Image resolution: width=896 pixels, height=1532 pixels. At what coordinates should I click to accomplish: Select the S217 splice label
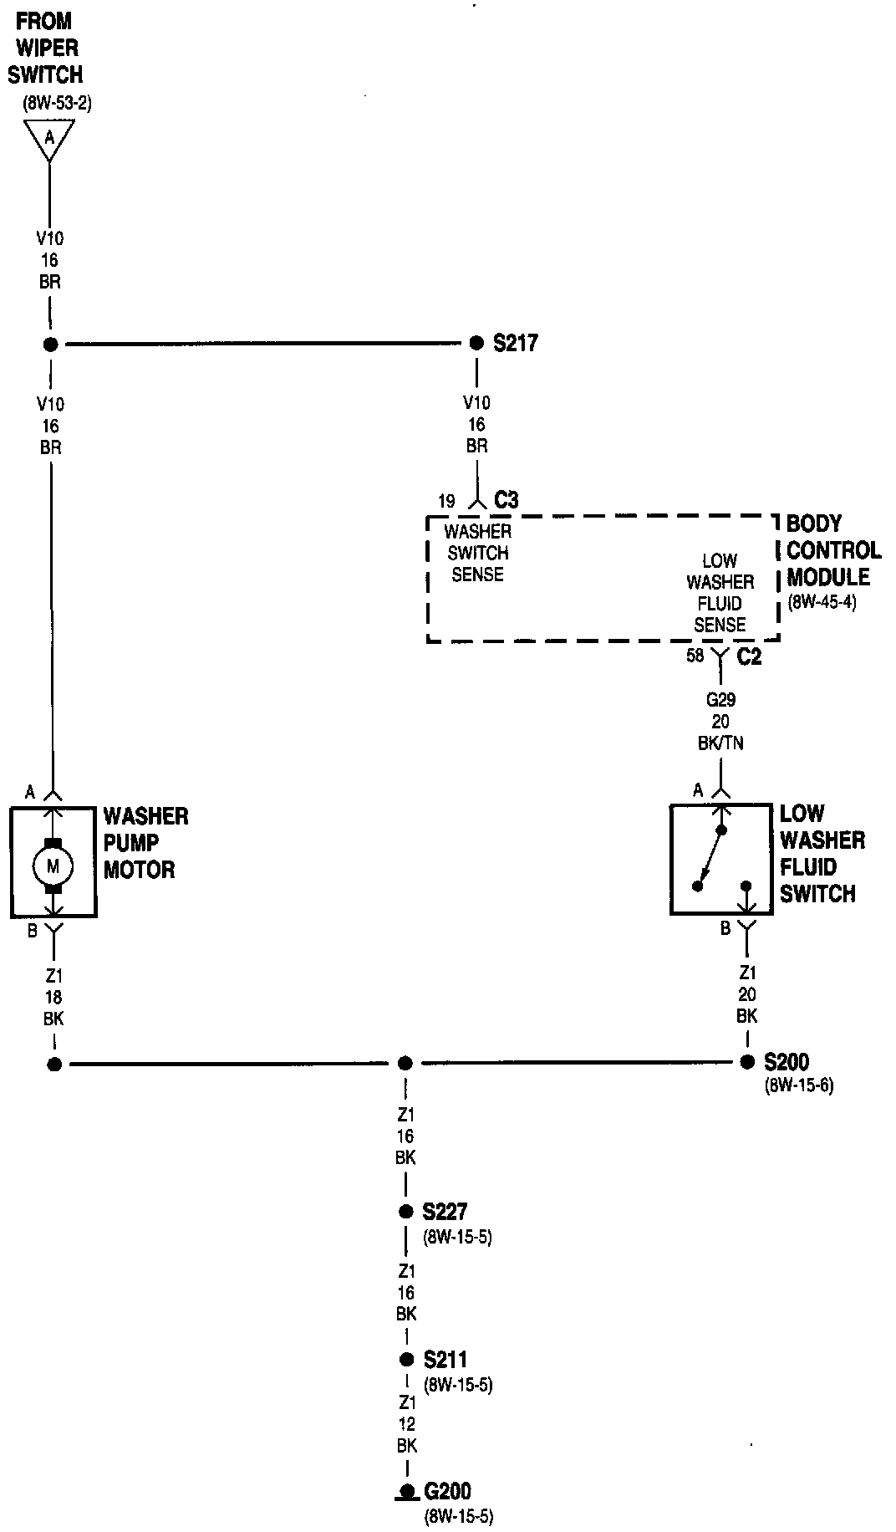[515, 343]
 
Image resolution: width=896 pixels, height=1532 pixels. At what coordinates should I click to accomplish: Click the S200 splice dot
[747, 1062]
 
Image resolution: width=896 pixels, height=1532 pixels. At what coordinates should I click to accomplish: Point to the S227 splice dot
[406, 1211]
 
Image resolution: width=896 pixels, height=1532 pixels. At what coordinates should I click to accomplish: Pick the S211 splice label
[445, 1360]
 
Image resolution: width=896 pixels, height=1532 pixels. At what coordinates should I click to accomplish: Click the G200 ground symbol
[407, 1491]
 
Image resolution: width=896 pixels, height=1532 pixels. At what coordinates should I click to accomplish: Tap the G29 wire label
[720, 700]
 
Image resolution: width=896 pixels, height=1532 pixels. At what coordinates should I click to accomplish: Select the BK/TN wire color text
[720, 743]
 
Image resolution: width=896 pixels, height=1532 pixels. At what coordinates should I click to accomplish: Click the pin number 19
[447, 502]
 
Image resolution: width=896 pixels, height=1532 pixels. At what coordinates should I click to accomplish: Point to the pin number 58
[695, 656]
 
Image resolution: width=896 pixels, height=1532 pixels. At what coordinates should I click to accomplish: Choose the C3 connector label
[507, 500]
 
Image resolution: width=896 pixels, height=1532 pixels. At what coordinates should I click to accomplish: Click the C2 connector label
[749, 657]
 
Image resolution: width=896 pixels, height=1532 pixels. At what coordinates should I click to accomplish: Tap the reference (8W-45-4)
[821, 602]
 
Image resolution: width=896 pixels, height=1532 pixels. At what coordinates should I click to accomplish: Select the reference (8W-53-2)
[57, 105]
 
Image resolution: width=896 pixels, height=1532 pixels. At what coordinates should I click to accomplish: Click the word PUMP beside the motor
[131, 843]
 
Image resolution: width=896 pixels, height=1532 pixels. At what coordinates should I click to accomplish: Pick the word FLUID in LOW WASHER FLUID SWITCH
[807, 866]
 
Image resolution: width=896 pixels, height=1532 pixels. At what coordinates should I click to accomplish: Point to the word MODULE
[827, 577]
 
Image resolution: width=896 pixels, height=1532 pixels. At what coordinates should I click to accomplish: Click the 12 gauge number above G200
[407, 1424]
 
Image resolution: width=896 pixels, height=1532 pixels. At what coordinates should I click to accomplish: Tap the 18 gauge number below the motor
[53, 998]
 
